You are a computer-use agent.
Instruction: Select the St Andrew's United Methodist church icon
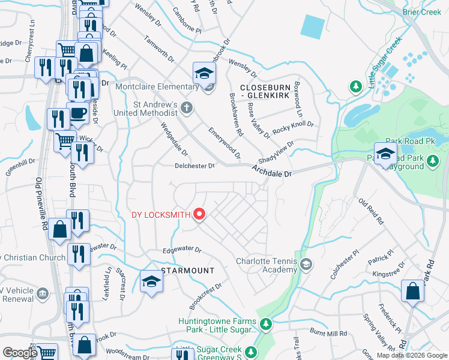click(187, 108)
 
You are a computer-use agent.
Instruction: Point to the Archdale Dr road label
click(271, 173)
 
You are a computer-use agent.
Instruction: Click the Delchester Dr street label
click(194, 166)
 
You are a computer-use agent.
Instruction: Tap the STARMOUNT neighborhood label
click(187, 271)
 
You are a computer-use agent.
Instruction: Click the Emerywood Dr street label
click(224, 143)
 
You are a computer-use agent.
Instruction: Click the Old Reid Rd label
click(371, 211)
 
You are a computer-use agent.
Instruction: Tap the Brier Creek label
click(439, 12)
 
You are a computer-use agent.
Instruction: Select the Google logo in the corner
click(20, 353)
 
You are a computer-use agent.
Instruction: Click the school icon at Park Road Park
click(385, 153)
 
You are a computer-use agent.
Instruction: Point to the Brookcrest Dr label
click(205, 296)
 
